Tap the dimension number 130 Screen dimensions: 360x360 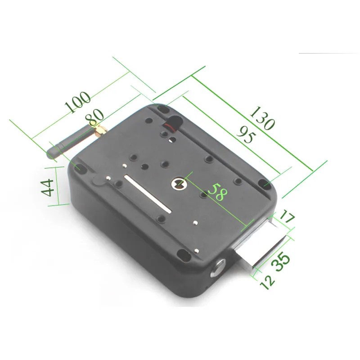[262, 118]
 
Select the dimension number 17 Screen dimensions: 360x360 [286, 219]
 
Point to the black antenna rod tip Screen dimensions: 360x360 [52, 153]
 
